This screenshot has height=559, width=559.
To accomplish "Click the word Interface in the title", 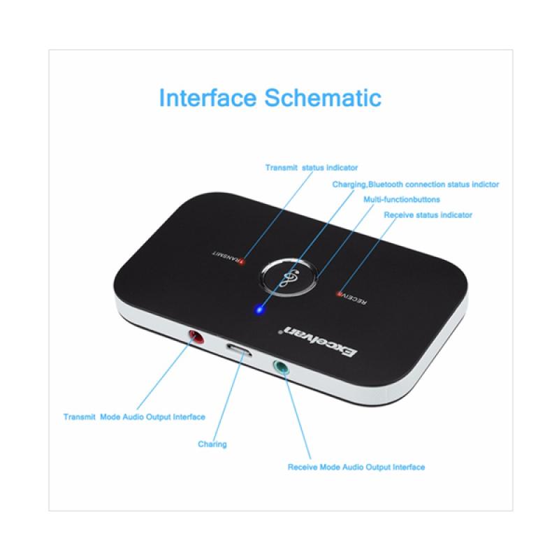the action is click(208, 97).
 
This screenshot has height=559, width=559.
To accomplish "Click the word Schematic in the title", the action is click(323, 97).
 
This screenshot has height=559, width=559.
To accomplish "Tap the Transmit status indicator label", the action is click(311, 168).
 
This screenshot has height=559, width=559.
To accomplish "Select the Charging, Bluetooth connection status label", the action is click(415, 184).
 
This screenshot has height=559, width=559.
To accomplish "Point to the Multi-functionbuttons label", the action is click(401, 199).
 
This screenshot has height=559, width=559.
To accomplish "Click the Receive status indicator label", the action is click(428, 215).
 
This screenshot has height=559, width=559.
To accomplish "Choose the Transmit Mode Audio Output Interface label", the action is click(134, 416).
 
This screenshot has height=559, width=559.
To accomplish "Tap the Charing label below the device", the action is click(212, 444).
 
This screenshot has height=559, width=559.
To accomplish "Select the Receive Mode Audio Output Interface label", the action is click(356, 467).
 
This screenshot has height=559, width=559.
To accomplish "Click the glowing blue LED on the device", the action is click(259, 309).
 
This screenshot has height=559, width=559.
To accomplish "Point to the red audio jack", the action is click(196, 336).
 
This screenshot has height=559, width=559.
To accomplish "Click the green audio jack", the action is click(281, 368).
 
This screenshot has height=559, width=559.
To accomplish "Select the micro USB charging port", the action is click(239, 349).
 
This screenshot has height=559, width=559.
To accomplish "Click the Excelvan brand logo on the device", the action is click(319, 340).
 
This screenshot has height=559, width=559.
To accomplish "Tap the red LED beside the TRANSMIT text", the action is click(242, 262).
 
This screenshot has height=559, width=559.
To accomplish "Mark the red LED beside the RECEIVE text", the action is click(339, 294).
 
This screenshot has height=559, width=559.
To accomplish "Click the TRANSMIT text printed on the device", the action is click(226, 257).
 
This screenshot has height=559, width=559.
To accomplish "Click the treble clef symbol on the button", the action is click(289, 277).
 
